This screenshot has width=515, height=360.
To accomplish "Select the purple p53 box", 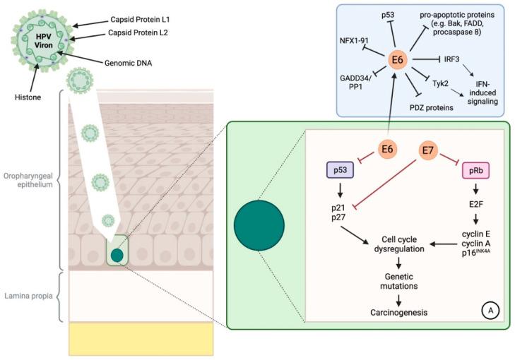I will click(338, 171).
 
